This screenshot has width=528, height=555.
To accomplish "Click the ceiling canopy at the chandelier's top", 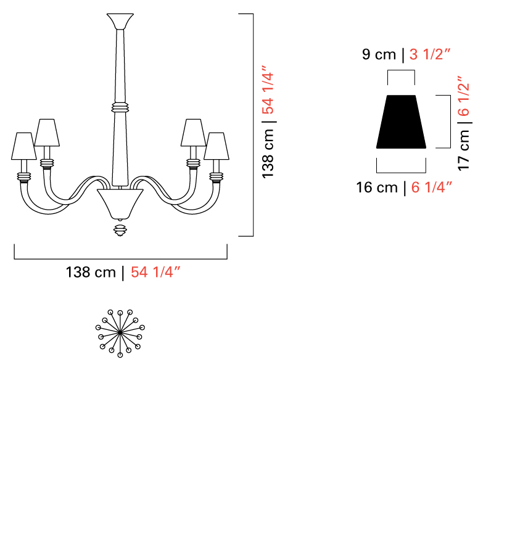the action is click(x=120, y=21).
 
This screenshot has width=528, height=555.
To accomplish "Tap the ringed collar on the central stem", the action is click(x=120, y=107).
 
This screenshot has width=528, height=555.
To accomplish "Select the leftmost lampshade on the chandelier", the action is click(x=23, y=146).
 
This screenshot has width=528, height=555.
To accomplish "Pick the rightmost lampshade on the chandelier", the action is click(x=217, y=146).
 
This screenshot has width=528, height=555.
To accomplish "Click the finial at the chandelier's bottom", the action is click(x=120, y=229).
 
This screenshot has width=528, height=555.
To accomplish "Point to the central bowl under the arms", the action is click(x=120, y=204).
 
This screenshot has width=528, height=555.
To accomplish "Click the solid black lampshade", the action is click(x=401, y=121).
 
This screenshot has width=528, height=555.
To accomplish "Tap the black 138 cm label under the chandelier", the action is click(x=91, y=272).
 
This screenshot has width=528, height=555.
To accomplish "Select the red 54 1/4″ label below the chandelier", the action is click(x=155, y=272).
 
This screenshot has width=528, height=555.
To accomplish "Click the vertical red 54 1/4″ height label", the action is click(x=268, y=89).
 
